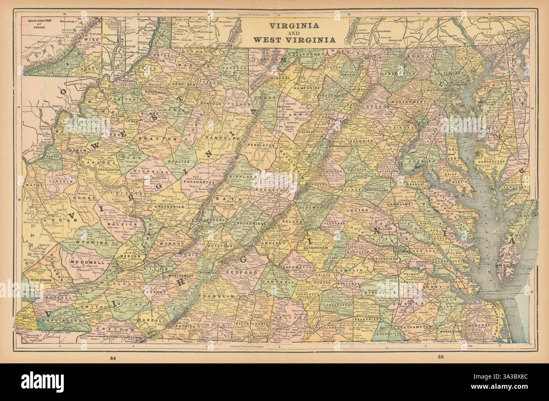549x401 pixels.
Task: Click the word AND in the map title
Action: tap(295, 33)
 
